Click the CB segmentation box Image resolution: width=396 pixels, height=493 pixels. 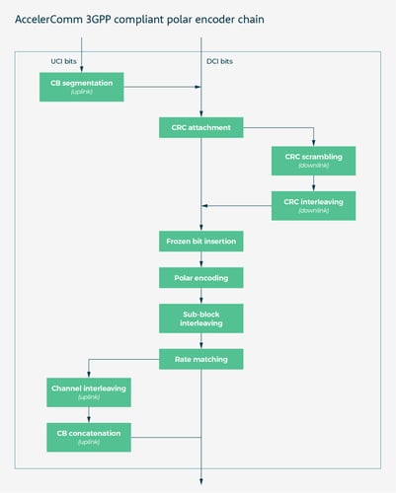click(82, 87)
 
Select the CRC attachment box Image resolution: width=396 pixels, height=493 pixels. click(201, 127)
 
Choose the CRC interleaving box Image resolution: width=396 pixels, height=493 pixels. click(313, 205)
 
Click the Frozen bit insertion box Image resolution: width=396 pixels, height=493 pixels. click(201, 242)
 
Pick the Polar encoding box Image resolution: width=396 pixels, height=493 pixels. click(201, 278)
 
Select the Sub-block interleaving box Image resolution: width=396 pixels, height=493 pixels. click(201, 317)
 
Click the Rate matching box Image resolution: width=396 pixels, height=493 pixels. click(201, 359)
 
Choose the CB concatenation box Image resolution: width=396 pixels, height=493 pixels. click(89, 436)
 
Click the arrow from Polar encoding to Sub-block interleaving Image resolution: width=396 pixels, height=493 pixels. click(201, 296)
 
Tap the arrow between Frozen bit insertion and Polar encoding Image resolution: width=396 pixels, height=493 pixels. click(201, 259)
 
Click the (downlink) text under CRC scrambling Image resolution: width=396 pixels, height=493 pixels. click(313, 167)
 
